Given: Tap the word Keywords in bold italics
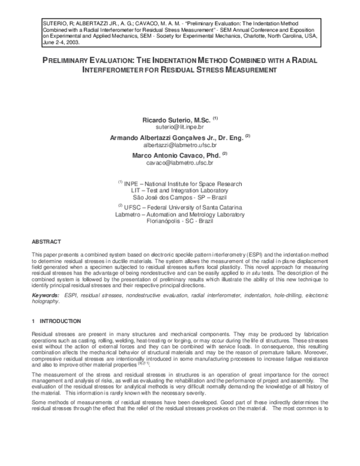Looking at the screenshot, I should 45,296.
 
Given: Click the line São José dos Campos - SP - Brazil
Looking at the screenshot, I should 180,196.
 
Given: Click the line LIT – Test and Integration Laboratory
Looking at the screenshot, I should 180,190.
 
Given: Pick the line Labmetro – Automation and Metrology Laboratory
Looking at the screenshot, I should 180,213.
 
